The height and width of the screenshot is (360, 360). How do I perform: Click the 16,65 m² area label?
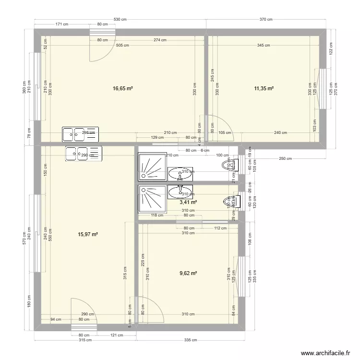[123, 88]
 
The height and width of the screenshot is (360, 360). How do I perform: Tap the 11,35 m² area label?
[264, 88]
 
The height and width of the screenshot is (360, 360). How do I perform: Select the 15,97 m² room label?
[88, 234]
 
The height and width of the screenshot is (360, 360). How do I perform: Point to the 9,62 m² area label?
[189, 273]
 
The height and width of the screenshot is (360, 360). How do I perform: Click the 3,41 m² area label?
[189, 202]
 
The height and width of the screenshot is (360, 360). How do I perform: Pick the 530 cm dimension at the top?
[120, 19]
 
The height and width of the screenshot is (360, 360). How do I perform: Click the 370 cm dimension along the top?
[266, 19]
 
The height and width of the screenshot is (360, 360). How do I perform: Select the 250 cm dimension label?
[285, 159]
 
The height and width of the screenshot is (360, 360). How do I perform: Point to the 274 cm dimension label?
[160, 40]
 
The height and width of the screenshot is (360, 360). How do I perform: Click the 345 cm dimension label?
[264, 46]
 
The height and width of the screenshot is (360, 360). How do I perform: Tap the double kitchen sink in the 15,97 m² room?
[84, 154]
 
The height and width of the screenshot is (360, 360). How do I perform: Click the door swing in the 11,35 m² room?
[216, 126]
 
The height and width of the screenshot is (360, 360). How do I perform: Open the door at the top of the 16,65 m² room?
[102, 48]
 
